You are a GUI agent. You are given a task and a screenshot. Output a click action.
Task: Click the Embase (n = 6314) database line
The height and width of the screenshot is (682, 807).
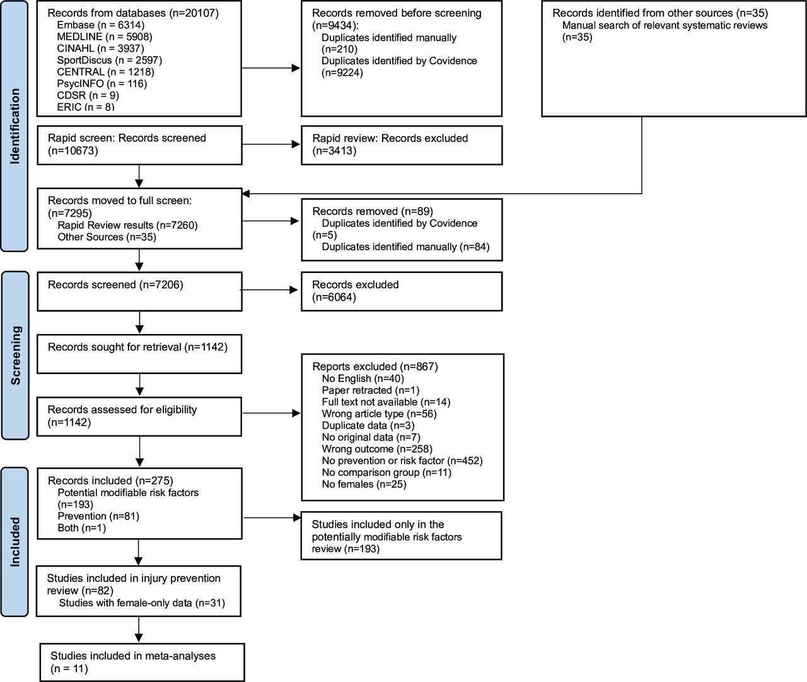[x=101, y=25]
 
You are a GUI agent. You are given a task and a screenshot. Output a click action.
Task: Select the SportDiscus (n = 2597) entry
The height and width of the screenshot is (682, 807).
[x=109, y=60]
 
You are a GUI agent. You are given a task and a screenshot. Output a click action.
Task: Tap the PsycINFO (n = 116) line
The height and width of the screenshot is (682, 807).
[x=102, y=84]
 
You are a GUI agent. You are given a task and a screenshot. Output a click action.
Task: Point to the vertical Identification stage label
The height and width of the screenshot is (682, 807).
[x=15, y=125]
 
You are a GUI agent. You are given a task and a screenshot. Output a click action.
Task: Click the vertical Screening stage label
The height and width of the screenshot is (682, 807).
[x=15, y=355]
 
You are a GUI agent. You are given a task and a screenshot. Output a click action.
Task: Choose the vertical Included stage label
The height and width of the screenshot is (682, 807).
[x=15, y=542]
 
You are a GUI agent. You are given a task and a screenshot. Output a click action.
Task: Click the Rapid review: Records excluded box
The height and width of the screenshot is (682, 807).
[x=402, y=145]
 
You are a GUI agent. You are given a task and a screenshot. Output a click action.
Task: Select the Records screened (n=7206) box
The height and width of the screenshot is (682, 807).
[x=139, y=291]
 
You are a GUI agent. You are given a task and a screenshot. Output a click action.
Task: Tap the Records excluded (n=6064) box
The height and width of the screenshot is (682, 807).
[x=402, y=291]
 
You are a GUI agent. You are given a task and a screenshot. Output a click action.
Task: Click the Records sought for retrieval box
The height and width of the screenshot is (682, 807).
[x=139, y=354]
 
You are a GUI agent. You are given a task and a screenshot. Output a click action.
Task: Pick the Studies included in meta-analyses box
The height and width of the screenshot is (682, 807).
[x=142, y=662]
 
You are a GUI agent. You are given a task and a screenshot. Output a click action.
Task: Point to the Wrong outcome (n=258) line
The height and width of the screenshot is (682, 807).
[x=377, y=449]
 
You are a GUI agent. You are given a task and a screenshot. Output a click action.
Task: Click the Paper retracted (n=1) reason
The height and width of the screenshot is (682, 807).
[x=371, y=390]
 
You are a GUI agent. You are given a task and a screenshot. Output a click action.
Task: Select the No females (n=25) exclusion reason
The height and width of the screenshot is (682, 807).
[x=364, y=485]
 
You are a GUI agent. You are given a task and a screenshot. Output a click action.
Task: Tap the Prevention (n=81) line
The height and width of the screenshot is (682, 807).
[x=98, y=516]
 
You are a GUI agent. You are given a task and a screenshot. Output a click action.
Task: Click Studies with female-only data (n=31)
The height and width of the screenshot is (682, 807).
[x=142, y=603]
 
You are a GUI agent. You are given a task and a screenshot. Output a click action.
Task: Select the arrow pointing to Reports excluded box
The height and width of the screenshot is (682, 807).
[x=272, y=413]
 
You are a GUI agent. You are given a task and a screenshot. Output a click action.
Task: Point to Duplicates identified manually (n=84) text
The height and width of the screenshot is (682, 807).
[x=405, y=246]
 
